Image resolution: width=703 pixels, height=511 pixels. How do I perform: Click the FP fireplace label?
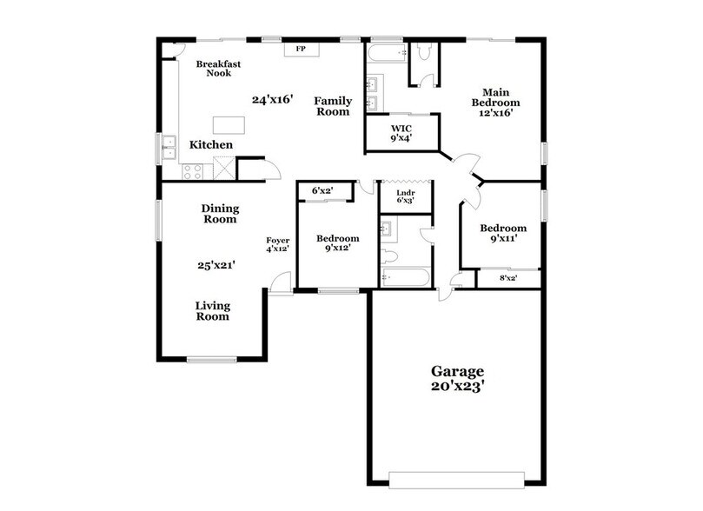(x=302, y=49)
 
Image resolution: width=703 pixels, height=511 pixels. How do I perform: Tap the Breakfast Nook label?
(x=217, y=69)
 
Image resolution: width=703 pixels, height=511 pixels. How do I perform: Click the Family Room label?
(x=332, y=106)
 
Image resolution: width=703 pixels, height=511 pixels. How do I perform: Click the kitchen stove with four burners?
(x=193, y=170)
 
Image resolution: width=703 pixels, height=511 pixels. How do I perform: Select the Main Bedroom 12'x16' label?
(x=495, y=101)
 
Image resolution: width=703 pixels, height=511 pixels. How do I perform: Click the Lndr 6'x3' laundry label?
(x=405, y=196)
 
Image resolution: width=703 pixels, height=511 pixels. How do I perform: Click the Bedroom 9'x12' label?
(x=337, y=244)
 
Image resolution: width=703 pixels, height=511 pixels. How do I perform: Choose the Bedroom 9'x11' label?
(x=504, y=234)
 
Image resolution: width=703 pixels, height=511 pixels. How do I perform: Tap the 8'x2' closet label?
(x=507, y=279)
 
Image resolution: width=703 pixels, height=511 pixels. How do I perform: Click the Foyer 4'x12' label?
(x=277, y=244)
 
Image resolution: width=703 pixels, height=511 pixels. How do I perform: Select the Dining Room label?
(x=220, y=214)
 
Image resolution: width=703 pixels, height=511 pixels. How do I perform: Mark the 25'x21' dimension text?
(x=216, y=266)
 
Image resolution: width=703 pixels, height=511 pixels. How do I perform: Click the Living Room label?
(x=212, y=310)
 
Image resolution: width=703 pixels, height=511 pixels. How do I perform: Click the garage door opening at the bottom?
(x=457, y=479)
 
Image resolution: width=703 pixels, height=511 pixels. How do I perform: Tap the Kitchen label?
(x=211, y=144)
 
